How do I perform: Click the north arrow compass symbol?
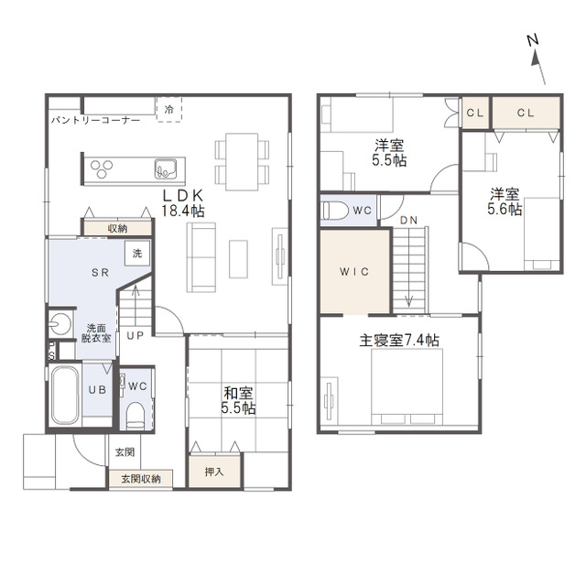pyautogui.click(x=537, y=59)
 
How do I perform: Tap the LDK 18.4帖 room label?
pyautogui.click(x=183, y=203)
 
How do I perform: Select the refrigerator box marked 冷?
pyautogui.click(x=169, y=109)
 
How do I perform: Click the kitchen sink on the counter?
pyautogui.click(x=166, y=168)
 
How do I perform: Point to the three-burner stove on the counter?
pyautogui.click(x=102, y=168)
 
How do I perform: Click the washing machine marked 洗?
pyautogui.click(x=137, y=254)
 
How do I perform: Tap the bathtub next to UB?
pyautogui.click(x=65, y=395)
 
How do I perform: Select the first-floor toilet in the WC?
pyautogui.click(x=135, y=417)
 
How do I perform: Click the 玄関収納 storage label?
pyautogui.click(x=141, y=478)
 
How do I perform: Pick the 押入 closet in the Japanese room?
pyautogui.click(x=214, y=472)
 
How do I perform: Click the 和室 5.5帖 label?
pyautogui.click(x=238, y=401)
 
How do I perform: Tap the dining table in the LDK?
pyautogui.click(x=242, y=161)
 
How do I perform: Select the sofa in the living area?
pyautogui.click(x=201, y=257)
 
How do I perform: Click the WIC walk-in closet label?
pyautogui.click(x=354, y=272)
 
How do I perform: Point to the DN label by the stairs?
pyautogui.click(x=409, y=221)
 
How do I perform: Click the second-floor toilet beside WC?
pyautogui.click(x=335, y=210)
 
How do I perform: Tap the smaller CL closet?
pyautogui.click(x=475, y=113)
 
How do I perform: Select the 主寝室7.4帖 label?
pyautogui.click(x=399, y=340)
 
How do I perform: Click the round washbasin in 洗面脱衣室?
pyautogui.click(x=60, y=323)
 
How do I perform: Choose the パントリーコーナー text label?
pyautogui.click(x=95, y=120)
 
